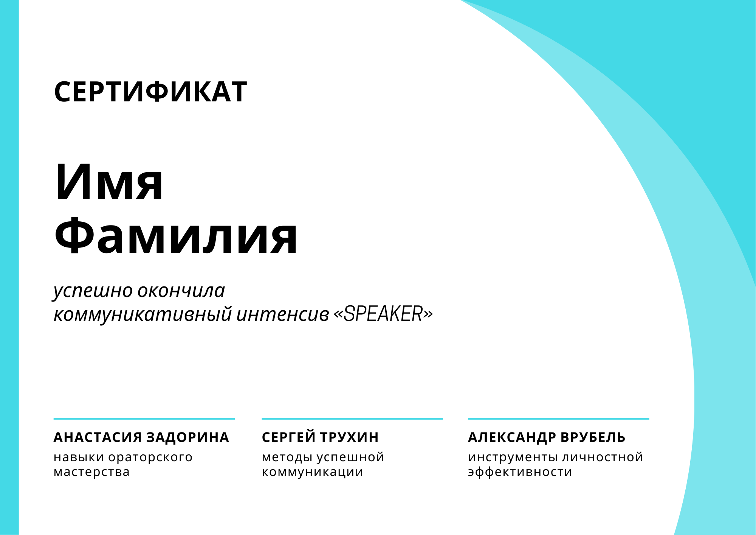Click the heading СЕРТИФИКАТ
[150, 92]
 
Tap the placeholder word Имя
[109, 182]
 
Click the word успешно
[93, 291]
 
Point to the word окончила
[181, 290]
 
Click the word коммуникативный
[143, 314]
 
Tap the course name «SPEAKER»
[383, 314]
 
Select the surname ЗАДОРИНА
[187, 437]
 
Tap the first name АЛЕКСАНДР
[512, 437]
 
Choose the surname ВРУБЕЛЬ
[593, 437]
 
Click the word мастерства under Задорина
[92, 472]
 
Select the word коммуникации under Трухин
[313, 473]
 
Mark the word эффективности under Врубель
[520, 472]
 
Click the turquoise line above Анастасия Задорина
[144, 419]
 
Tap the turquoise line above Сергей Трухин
[352, 419]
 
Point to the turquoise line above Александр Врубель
[559, 419]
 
